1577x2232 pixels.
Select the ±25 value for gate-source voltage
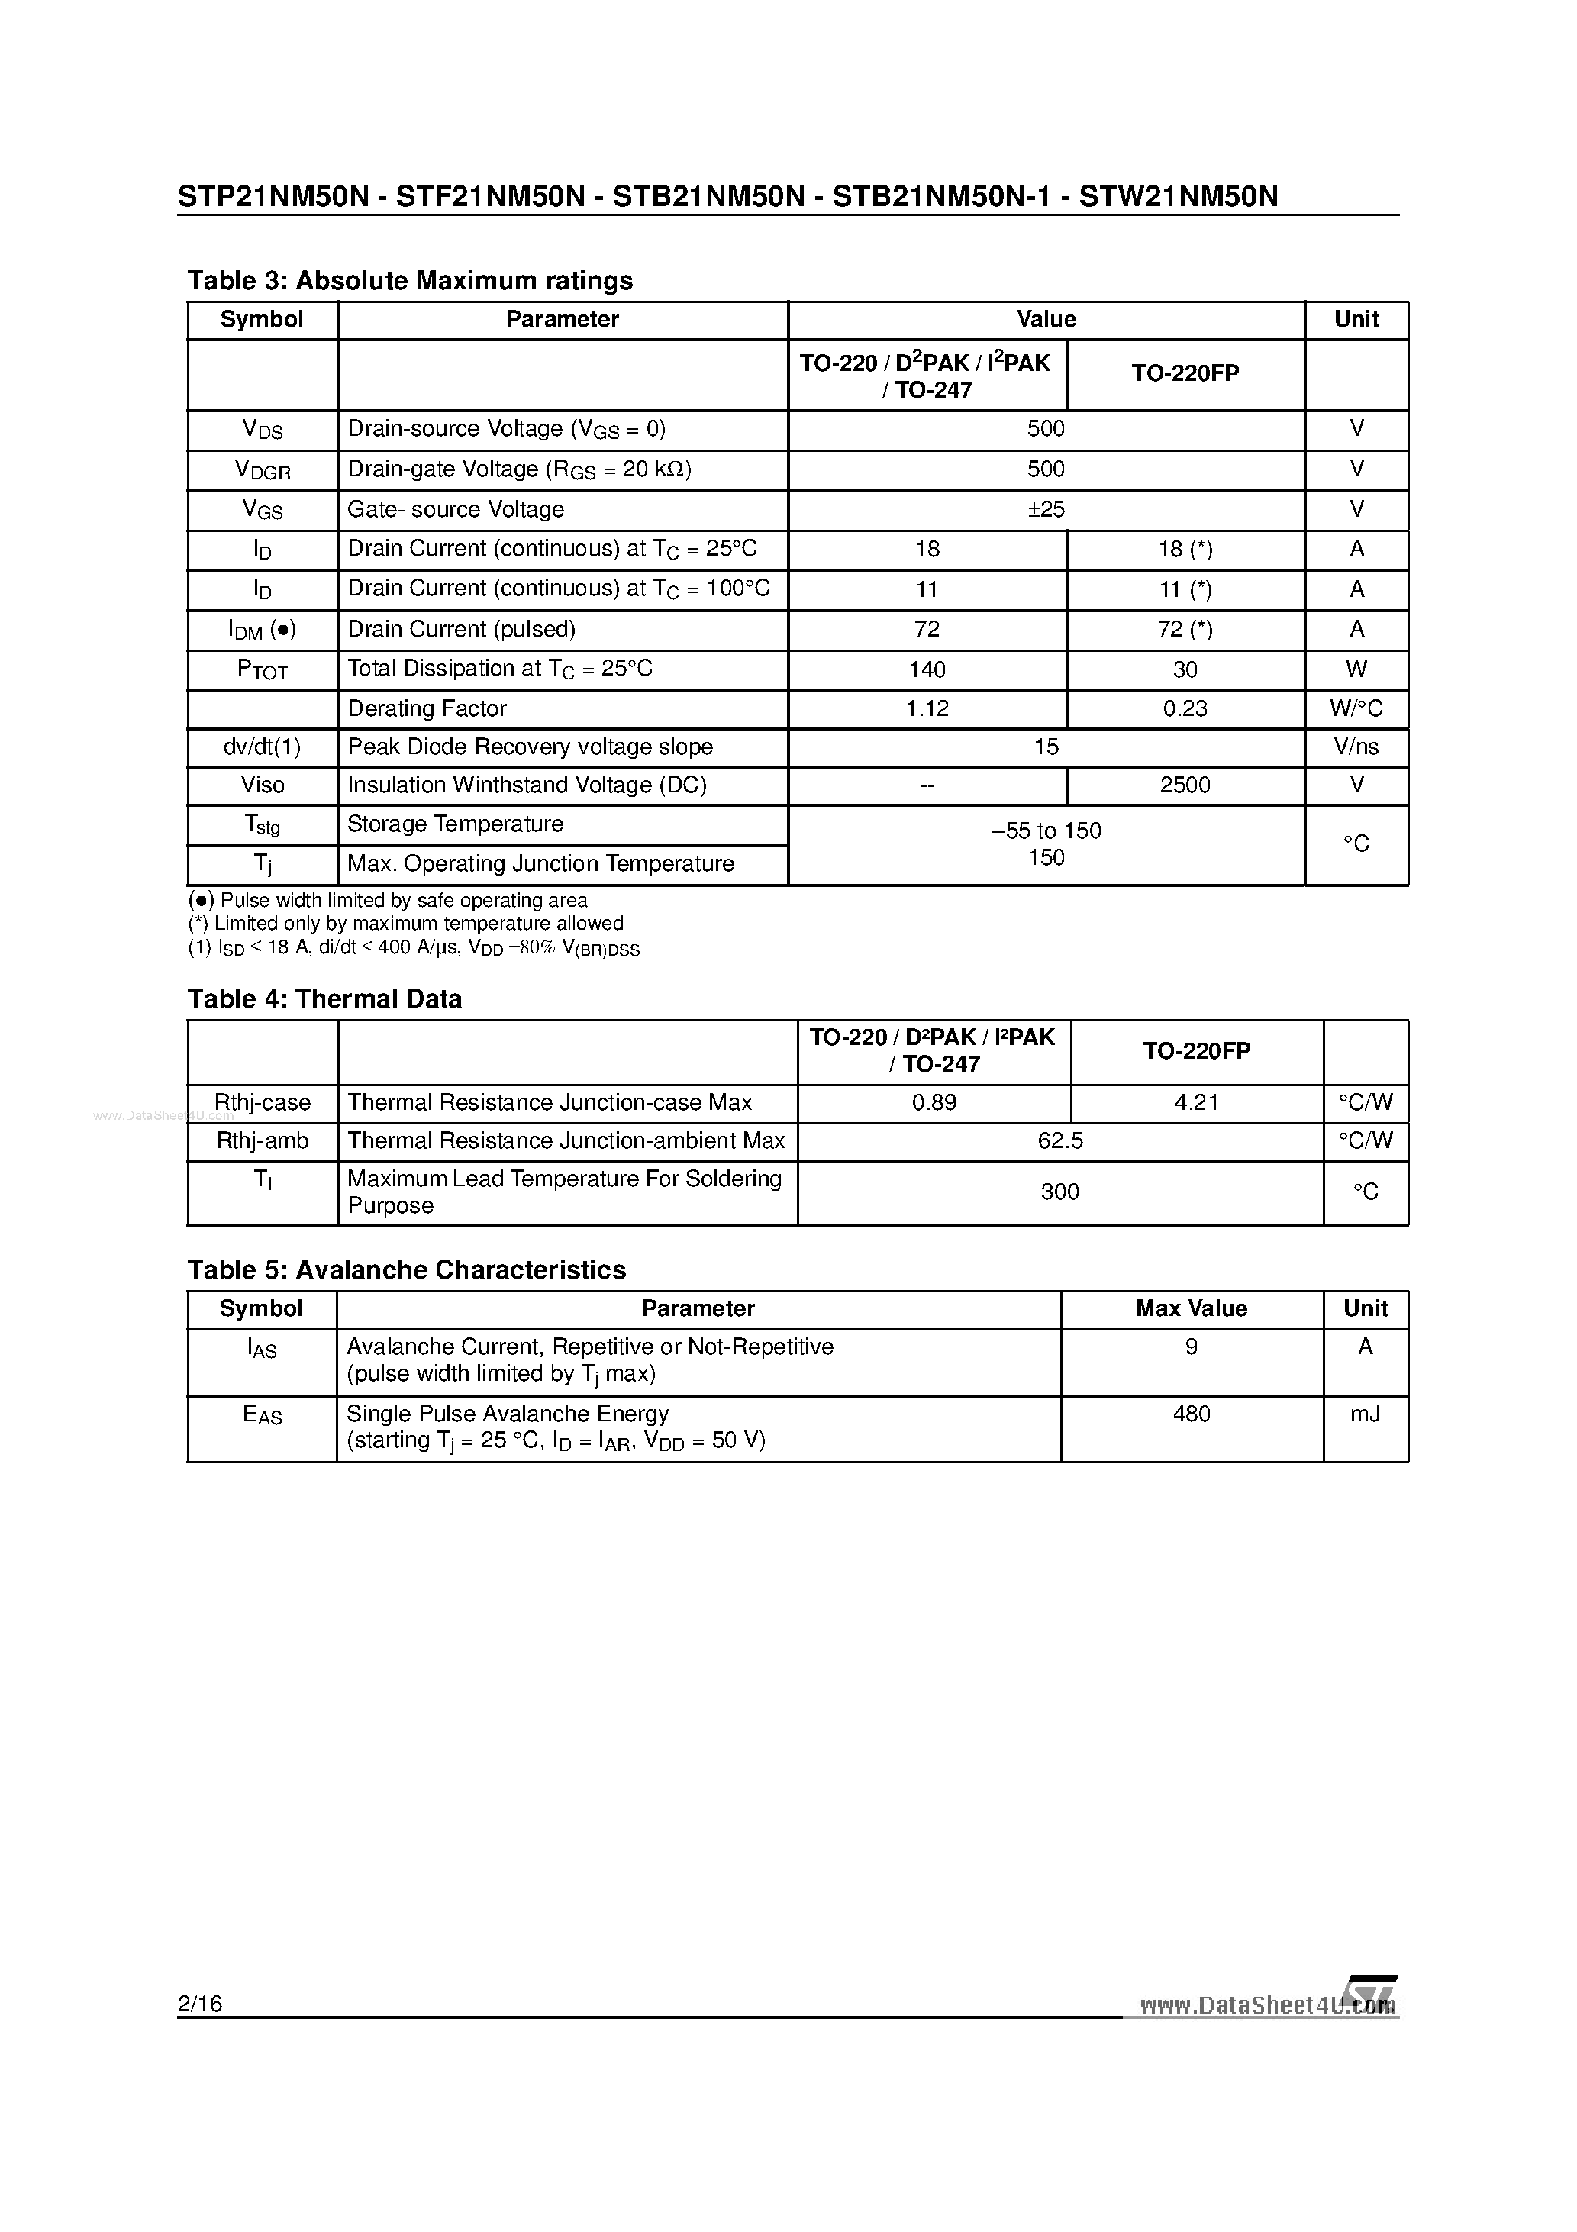pos(1046,509)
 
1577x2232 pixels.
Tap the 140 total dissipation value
pos(927,669)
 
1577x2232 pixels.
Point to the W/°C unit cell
pos(1356,708)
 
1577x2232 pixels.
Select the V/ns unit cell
pos(1356,747)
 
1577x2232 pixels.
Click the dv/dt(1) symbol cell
pos(262,747)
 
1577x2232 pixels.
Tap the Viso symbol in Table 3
pos(262,785)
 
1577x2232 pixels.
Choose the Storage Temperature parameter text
pos(455,824)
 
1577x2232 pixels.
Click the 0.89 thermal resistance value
pos(934,1102)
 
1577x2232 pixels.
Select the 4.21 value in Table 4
pos(1196,1102)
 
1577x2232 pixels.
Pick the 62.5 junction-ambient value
pos(1059,1140)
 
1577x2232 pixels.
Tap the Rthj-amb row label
pos(262,1140)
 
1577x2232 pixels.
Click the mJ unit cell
pos(1365,1414)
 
